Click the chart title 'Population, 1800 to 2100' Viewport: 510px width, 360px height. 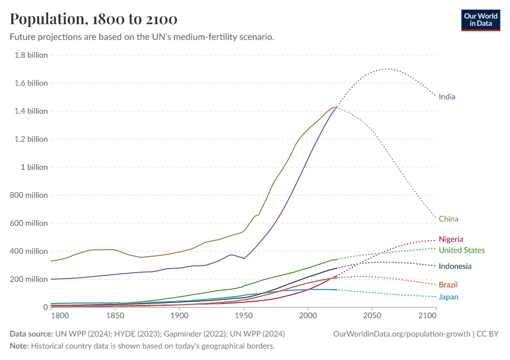pyautogui.click(x=94, y=19)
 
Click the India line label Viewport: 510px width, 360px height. pyautogui.click(x=447, y=97)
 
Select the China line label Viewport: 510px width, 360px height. pyautogui.click(x=448, y=219)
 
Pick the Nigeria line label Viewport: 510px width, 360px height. pyautogui.click(x=451, y=239)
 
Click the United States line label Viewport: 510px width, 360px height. pyautogui.click(x=461, y=250)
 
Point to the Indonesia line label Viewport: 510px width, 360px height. pyautogui.click(x=455, y=266)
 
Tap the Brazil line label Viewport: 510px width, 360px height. pyautogui.click(x=448, y=284)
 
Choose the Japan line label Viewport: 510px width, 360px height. pyautogui.click(x=448, y=297)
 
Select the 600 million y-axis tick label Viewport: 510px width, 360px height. pyautogui.click(x=29, y=223)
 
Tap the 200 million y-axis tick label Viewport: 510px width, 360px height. pyautogui.click(x=29, y=280)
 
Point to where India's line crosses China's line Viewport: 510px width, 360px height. pyautogui.click(x=335, y=108)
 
